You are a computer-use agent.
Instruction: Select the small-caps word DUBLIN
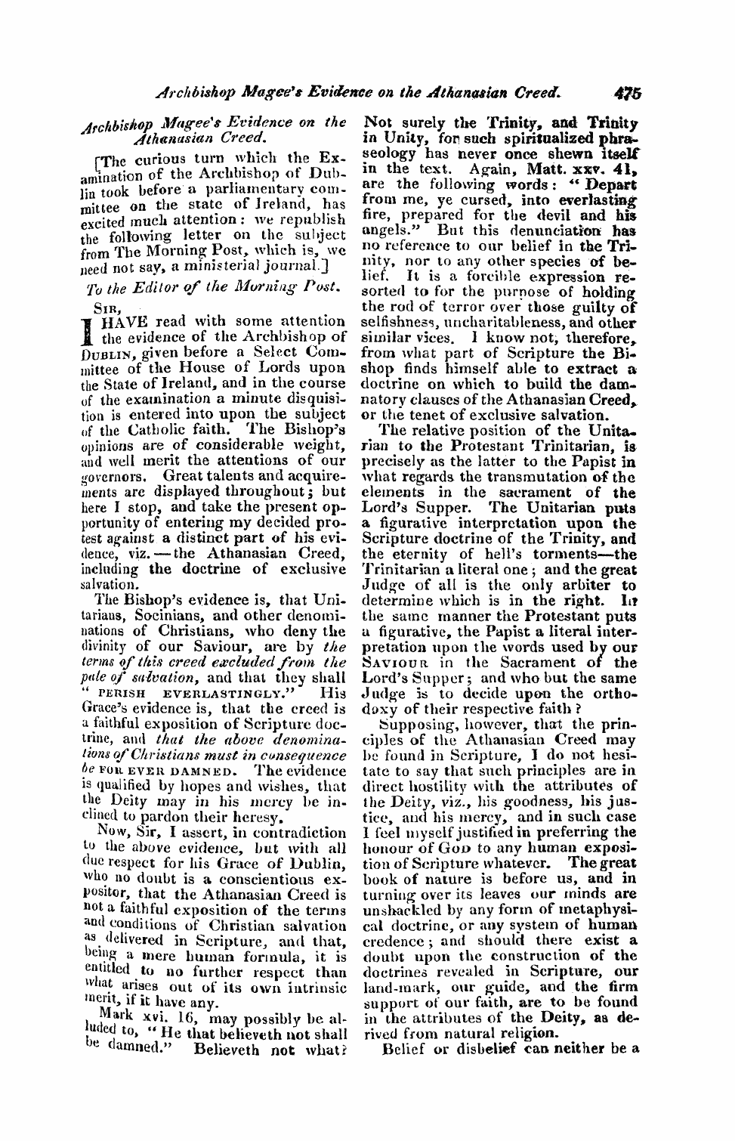(105, 352)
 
